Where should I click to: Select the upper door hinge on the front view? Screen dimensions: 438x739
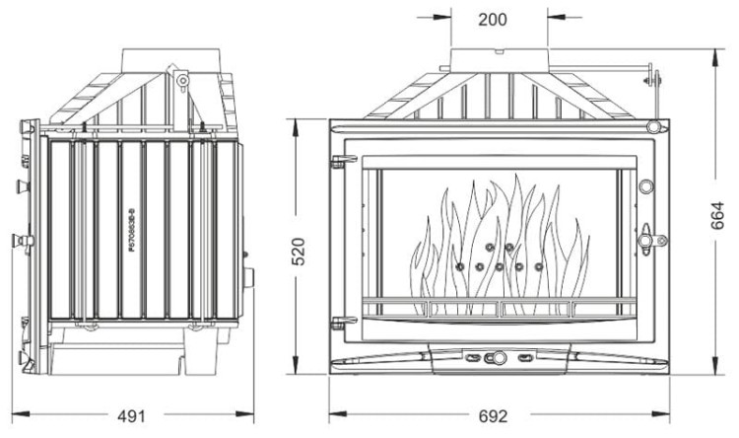[x=337, y=159]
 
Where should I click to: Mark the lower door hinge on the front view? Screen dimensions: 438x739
[x=337, y=321]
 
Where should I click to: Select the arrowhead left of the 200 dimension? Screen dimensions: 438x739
[x=444, y=17]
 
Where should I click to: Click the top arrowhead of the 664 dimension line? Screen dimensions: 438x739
[x=716, y=51]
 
